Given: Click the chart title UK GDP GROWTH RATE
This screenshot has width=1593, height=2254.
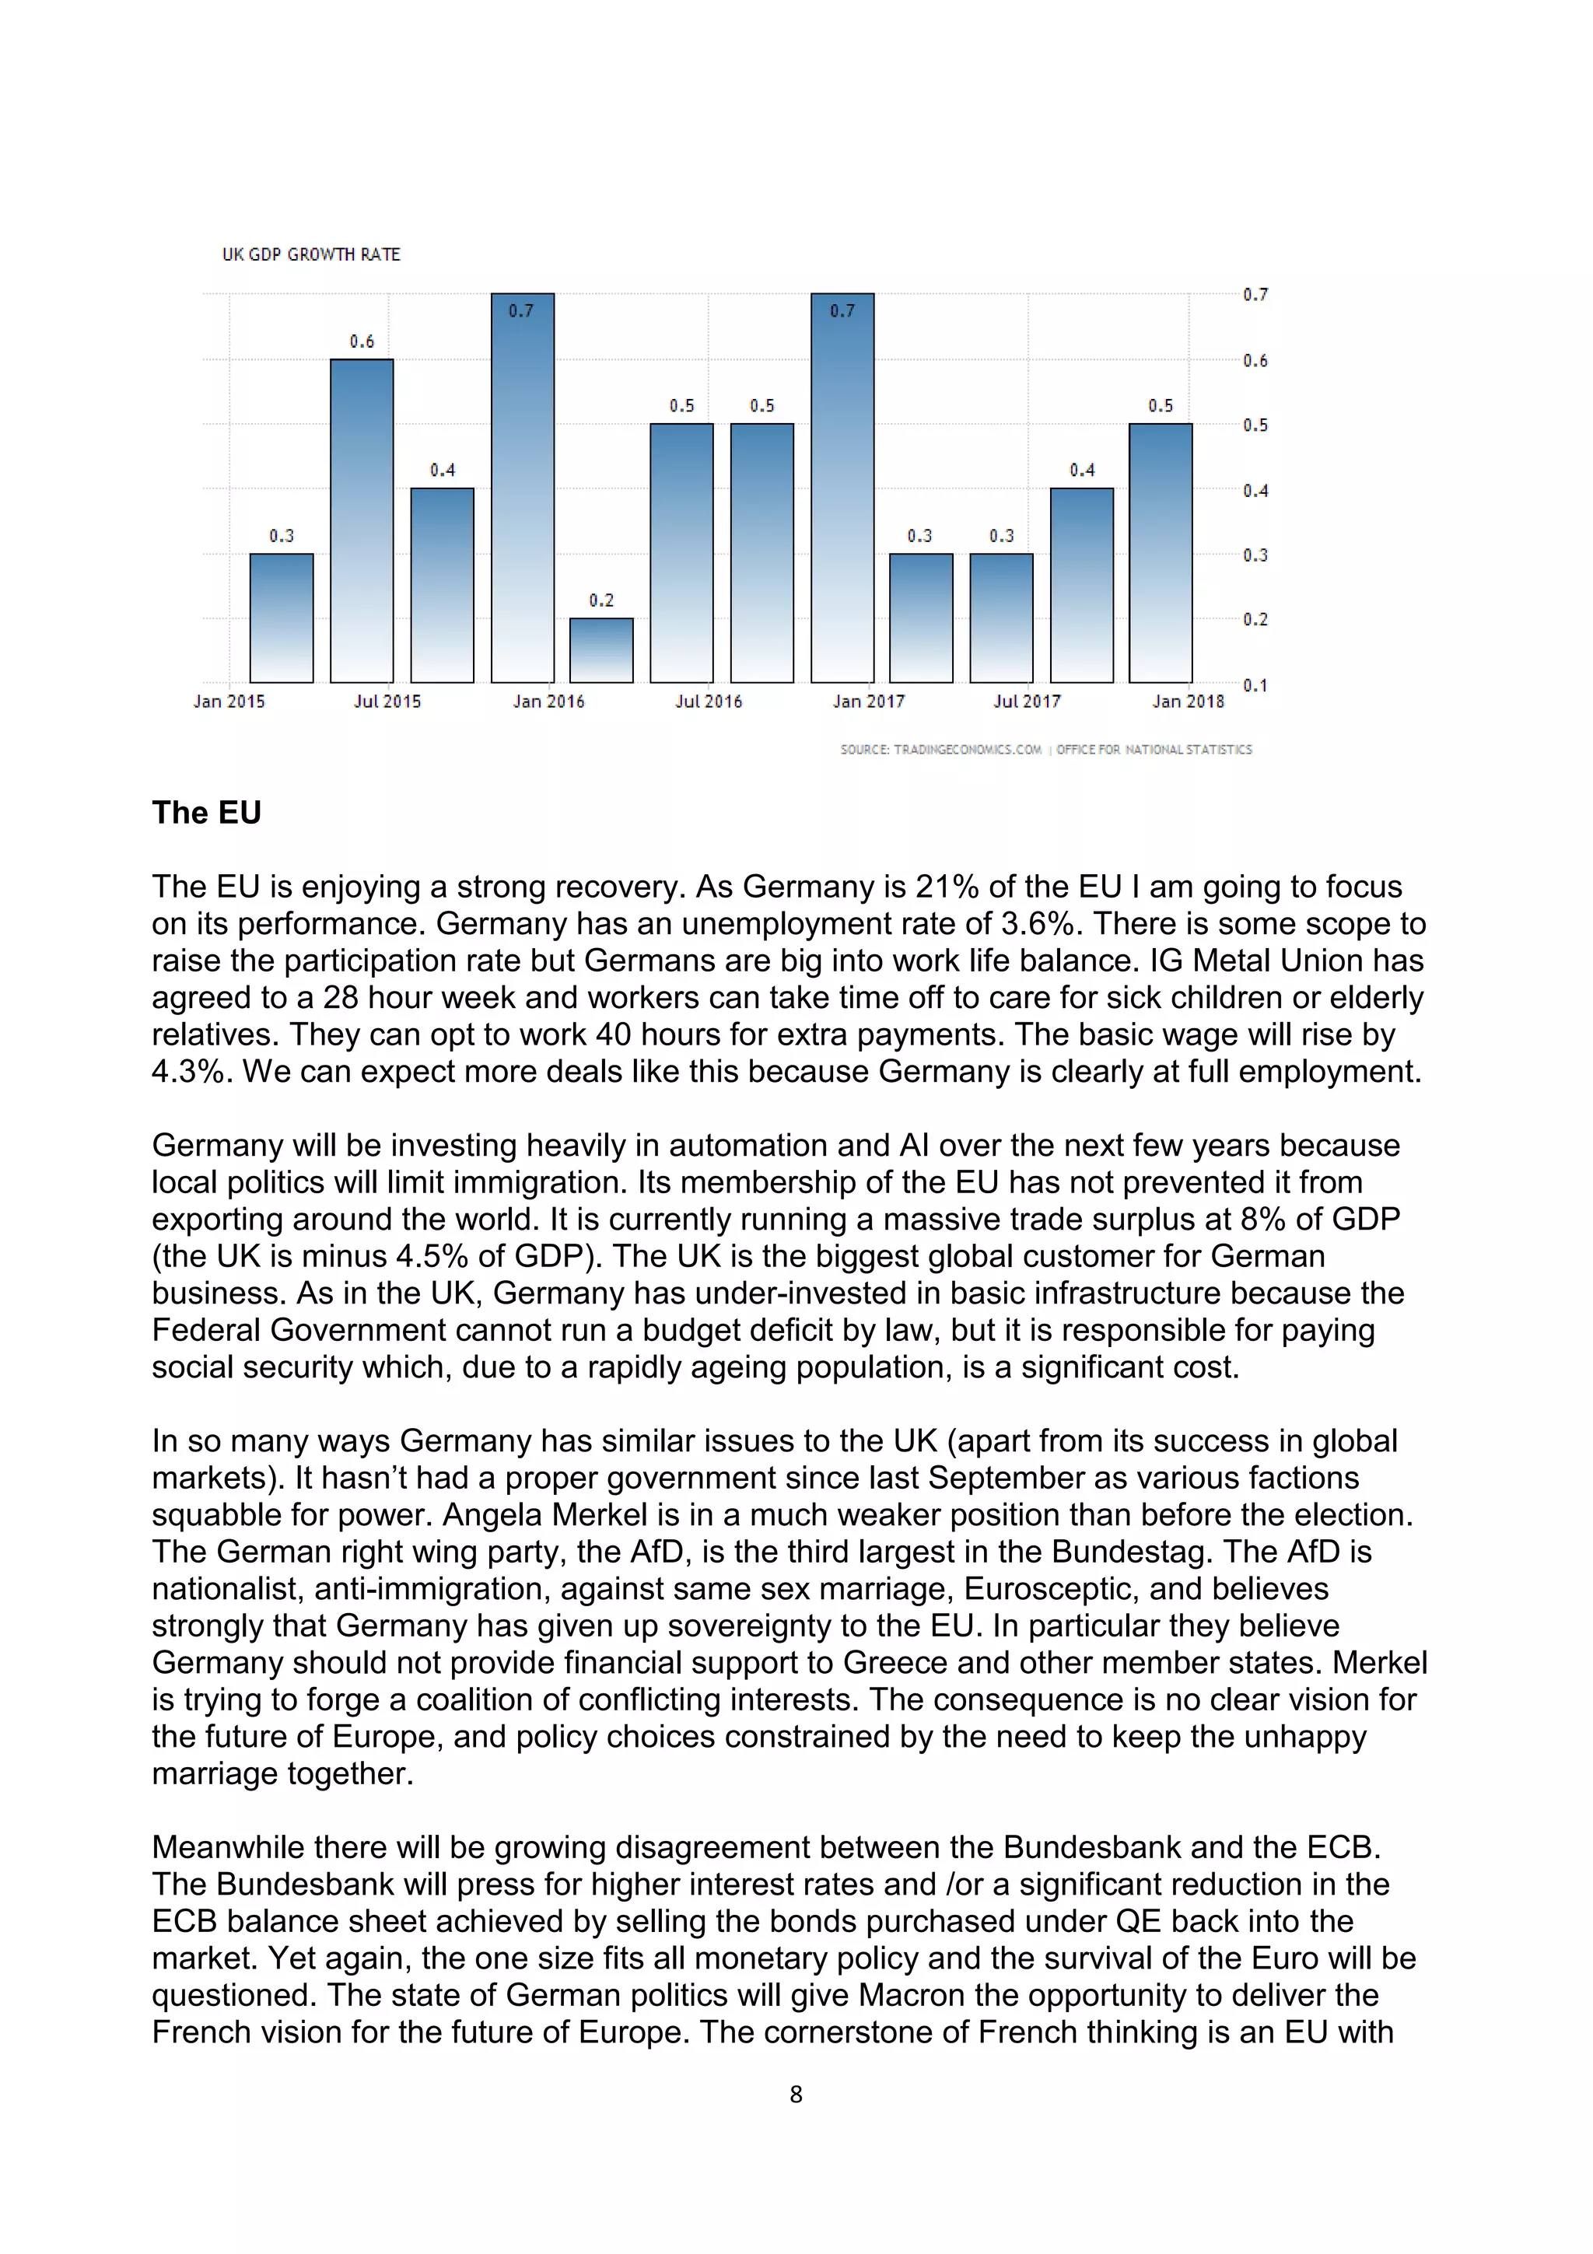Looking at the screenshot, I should coord(311,254).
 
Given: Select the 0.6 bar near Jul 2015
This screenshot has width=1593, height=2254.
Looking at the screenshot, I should coord(361,520).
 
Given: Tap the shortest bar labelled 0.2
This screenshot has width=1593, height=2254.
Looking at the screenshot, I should coord(600,650).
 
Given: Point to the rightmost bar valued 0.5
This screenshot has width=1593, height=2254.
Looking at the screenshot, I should coord(1161,553).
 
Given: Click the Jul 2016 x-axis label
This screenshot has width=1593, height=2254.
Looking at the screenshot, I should coord(709,701).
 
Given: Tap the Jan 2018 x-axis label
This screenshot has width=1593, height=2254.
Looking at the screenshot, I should coord(1188,701).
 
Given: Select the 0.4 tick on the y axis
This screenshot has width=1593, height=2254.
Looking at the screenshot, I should coord(1255,490).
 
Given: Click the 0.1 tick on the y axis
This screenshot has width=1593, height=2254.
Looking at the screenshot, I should coord(1255,685).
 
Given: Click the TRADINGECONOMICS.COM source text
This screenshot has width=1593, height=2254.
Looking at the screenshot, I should coord(940,749).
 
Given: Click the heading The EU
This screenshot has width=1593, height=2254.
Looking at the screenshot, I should coord(206,813).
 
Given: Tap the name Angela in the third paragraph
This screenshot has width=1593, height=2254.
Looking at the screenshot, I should coord(492,1515).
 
